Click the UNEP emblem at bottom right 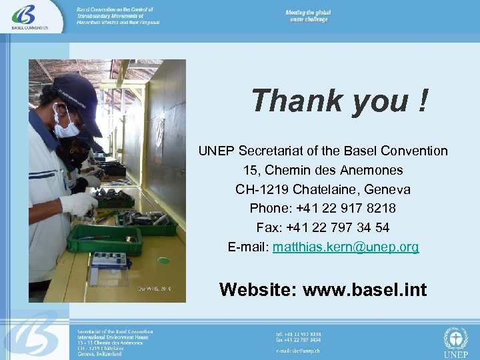[455, 341]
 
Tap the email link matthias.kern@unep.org [346, 247]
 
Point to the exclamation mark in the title [421, 101]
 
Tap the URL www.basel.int [365, 289]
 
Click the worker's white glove [79, 203]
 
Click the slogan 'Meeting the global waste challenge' [308, 17]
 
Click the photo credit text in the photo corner [155, 288]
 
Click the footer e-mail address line [298, 349]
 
